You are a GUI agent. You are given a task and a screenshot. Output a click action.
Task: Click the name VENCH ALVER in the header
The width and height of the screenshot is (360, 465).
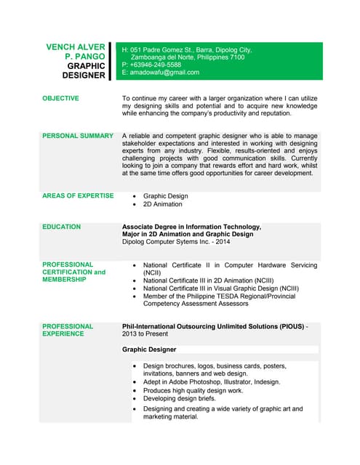click(x=75, y=46)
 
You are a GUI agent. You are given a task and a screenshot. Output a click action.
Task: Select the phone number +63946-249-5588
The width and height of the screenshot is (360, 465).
click(x=156, y=65)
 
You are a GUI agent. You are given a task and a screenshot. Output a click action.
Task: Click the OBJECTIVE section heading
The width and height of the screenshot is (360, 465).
click(x=61, y=97)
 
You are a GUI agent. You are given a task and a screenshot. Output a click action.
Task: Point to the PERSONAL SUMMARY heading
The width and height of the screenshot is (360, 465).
click(x=78, y=135)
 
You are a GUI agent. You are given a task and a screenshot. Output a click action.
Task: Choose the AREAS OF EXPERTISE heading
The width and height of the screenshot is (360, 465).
click(x=78, y=195)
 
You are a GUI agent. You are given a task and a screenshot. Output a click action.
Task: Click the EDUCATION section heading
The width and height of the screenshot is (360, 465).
click(x=62, y=227)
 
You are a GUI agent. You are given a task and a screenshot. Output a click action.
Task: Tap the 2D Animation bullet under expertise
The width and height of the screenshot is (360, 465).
click(x=163, y=204)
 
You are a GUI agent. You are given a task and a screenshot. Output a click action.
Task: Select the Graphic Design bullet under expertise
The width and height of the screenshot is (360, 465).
click(x=165, y=196)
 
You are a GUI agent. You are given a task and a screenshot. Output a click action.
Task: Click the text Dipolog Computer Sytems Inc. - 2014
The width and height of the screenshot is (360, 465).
click(x=176, y=242)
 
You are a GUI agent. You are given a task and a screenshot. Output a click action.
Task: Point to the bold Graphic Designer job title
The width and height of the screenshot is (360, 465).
click(x=149, y=349)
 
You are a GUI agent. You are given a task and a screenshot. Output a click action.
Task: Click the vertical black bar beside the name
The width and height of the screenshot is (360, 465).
click(x=111, y=60)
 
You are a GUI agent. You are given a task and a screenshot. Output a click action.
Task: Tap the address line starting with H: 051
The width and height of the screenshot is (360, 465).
click(x=187, y=49)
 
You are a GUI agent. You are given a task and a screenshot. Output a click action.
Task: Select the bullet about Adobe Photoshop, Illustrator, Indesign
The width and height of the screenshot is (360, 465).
click(x=212, y=381)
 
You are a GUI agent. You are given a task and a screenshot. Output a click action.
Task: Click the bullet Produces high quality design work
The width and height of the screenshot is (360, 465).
click(x=193, y=390)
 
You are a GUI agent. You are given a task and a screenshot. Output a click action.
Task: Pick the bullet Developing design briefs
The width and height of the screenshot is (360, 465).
click(x=180, y=399)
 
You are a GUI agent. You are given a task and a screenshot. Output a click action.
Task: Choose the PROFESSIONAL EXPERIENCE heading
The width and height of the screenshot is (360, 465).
click(x=68, y=330)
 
